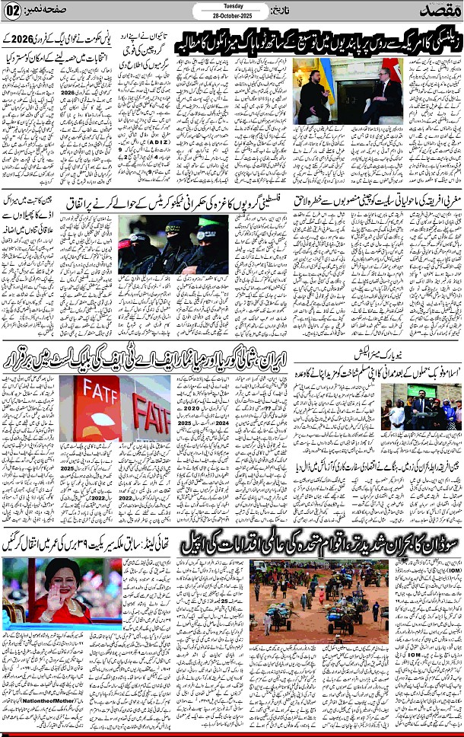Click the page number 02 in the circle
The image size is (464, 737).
12,12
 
